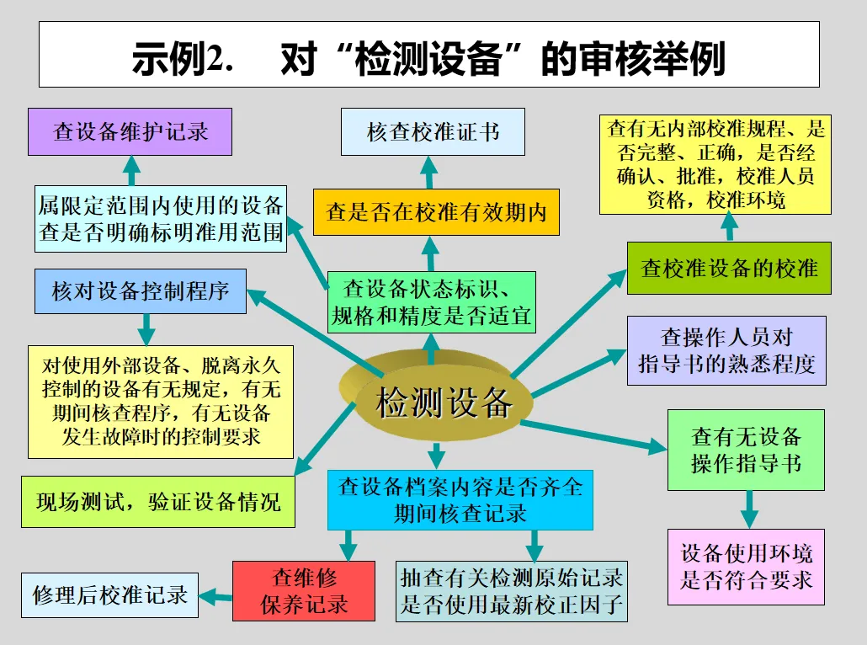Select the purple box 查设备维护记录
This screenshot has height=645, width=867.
(x=130, y=132)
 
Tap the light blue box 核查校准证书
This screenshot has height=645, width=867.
(x=433, y=131)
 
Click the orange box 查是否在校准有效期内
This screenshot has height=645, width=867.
(x=436, y=212)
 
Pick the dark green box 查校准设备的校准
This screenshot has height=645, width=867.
(x=729, y=268)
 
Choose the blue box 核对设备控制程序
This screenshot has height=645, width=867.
(x=141, y=291)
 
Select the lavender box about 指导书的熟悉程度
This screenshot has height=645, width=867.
(x=726, y=350)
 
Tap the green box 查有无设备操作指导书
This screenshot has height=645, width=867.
(x=746, y=450)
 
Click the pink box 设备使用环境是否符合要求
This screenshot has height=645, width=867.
(x=747, y=567)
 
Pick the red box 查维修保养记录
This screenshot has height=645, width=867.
(x=304, y=590)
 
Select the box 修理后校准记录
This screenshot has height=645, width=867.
(x=109, y=594)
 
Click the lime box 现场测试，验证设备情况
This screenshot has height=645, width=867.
(x=157, y=503)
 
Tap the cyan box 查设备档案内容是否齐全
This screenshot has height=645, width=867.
(x=460, y=499)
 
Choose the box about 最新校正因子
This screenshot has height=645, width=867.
(x=512, y=590)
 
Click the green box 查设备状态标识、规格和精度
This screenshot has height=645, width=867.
(x=431, y=301)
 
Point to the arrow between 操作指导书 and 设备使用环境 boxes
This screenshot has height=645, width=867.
(x=747, y=509)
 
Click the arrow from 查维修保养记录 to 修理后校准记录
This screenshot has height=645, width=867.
(x=216, y=596)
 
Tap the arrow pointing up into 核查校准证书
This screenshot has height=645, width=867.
(x=428, y=171)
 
